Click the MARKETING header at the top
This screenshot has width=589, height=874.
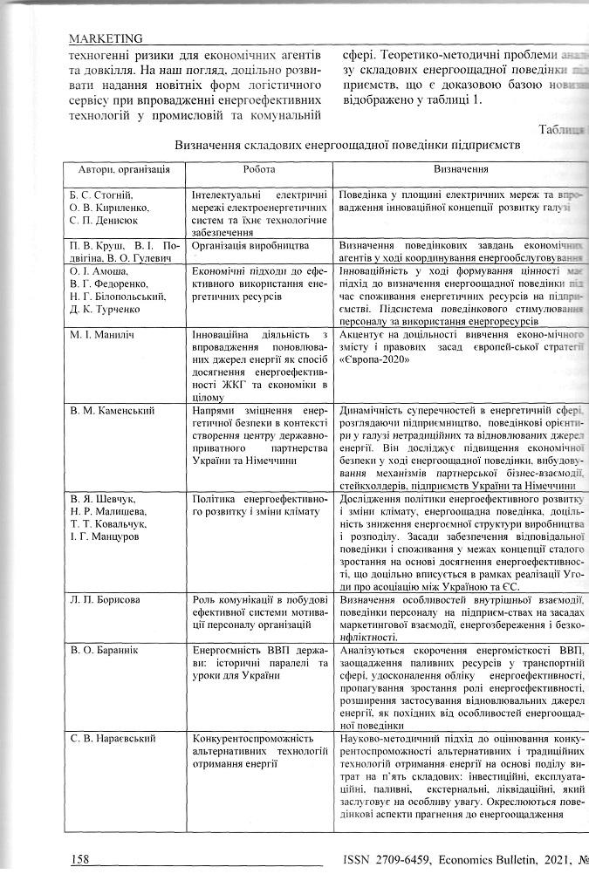(105, 38)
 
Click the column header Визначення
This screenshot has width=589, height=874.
(462, 169)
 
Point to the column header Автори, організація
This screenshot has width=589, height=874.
(118, 169)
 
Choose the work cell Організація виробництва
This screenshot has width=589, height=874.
(241, 246)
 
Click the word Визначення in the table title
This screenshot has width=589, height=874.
(212, 143)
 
